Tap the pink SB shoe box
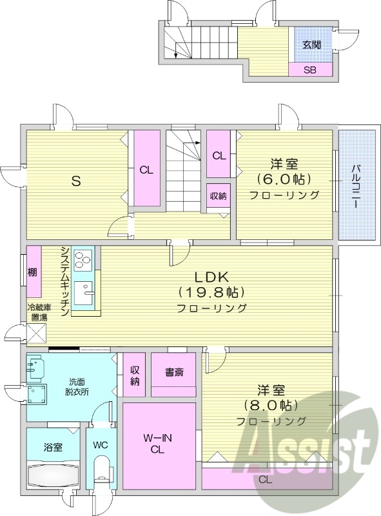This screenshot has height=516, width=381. click(311, 70)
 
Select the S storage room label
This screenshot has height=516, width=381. click(75, 181)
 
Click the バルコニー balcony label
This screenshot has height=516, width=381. click(356, 186)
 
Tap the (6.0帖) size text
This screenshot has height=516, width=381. click(284, 179)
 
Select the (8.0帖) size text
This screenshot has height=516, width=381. click(270, 406)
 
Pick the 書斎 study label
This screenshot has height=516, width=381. click(174, 372)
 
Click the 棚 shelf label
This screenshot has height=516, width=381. click(32, 272)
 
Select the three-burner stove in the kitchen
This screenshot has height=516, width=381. click(83, 261)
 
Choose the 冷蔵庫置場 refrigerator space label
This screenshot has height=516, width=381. click(37, 312)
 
